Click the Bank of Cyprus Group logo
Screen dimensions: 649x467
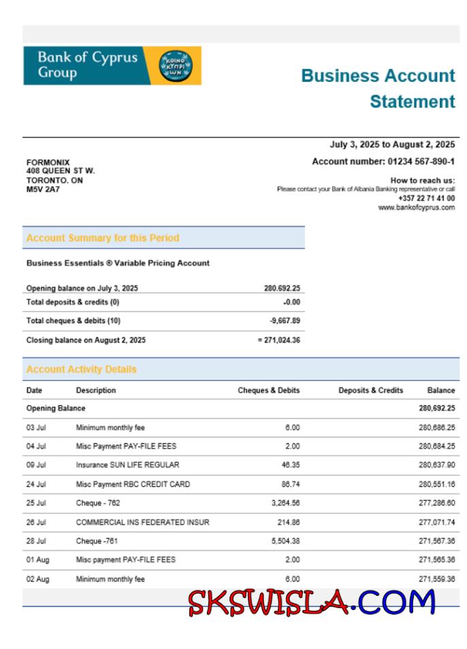click(112, 65)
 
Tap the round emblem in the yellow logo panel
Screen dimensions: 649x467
click(176, 66)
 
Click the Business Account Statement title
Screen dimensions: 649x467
click(378, 88)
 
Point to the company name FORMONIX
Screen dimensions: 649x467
click(48, 162)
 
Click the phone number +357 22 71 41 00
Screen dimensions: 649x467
click(426, 198)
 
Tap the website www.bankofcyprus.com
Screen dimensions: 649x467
click(416, 207)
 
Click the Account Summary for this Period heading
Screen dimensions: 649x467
click(103, 238)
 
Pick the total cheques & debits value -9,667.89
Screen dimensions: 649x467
click(284, 320)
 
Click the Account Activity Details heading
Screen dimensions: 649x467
click(81, 369)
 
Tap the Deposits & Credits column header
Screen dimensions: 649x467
click(370, 391)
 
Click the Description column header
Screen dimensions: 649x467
click(96, 391)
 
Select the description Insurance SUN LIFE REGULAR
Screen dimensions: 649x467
click(127, 465)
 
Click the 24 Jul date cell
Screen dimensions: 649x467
click(35, 484)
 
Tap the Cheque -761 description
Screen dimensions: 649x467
click(99, 541)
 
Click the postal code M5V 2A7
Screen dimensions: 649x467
click(42, 190)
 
